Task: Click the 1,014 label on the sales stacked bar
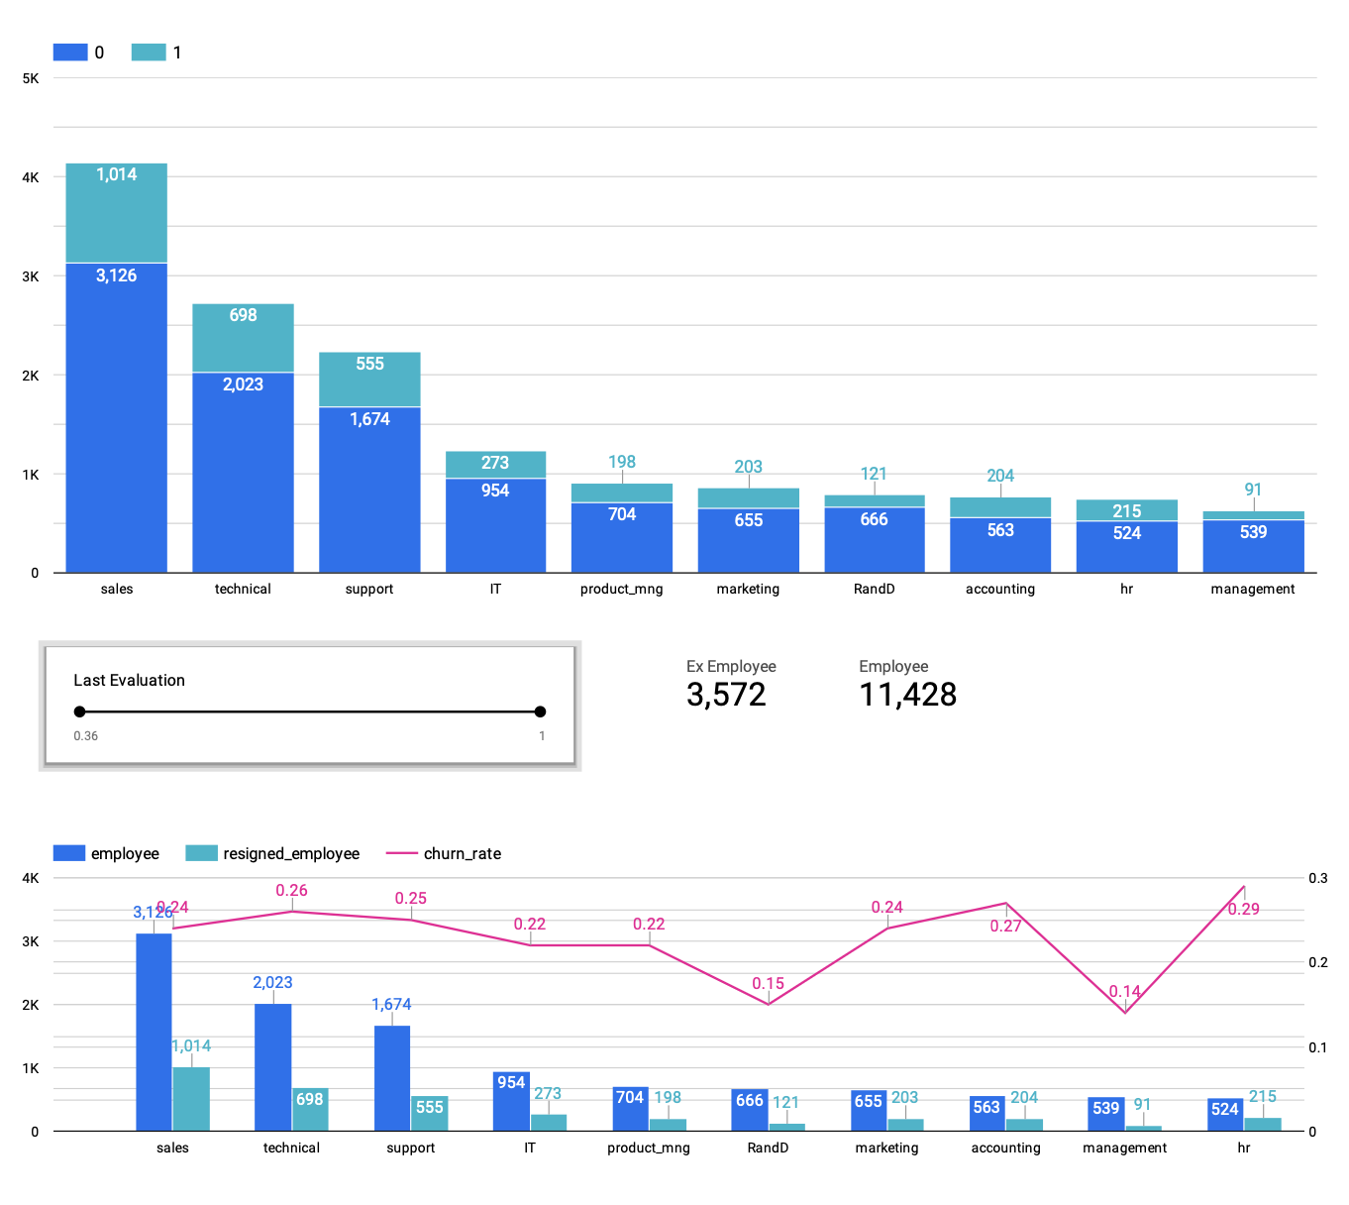coord(116,174)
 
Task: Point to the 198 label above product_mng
coord(622,462)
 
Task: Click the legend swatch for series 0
coord(70,53)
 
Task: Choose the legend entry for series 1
coord(157,53)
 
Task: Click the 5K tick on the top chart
coord(31,78)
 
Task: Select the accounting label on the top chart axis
coord(1000,589)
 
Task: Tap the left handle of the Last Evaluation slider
coord(80,712)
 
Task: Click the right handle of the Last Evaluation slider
coord(540,712)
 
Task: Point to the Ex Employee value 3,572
coord(726,695)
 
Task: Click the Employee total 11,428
coord(907,695)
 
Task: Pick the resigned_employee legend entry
coord(272,853)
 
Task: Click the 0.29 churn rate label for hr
coord(1243,909)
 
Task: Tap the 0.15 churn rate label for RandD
coord(768,984)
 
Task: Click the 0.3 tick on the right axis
coord(1318,878)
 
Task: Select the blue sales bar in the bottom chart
coord(154,1031)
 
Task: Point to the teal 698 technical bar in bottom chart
coord(310,1109)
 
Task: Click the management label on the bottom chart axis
coord(1124,1148)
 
